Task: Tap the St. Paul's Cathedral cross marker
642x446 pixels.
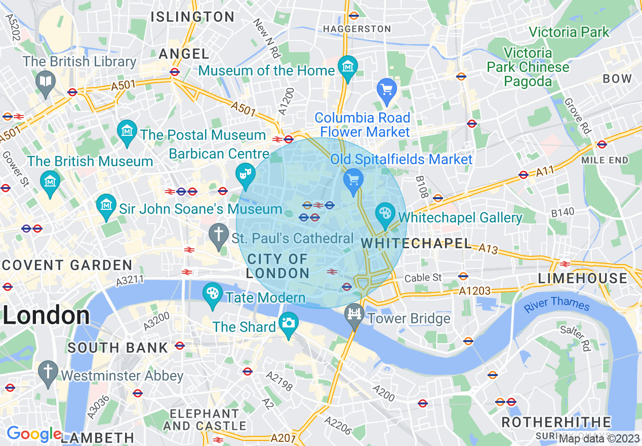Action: (219, 235)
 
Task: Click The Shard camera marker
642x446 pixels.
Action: (289, 322)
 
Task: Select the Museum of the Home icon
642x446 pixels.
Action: (348, 66)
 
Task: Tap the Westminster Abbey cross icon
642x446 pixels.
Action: (49, 370)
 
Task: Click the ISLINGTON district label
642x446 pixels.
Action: (192, 17)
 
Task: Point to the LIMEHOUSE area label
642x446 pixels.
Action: (582, 278)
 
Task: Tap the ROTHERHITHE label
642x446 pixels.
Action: (556, 422)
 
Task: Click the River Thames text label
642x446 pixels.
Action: (557, 304)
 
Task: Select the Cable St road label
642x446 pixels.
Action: (423, 278)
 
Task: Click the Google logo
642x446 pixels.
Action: (34, 434)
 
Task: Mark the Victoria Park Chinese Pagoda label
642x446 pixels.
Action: (528, 67)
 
